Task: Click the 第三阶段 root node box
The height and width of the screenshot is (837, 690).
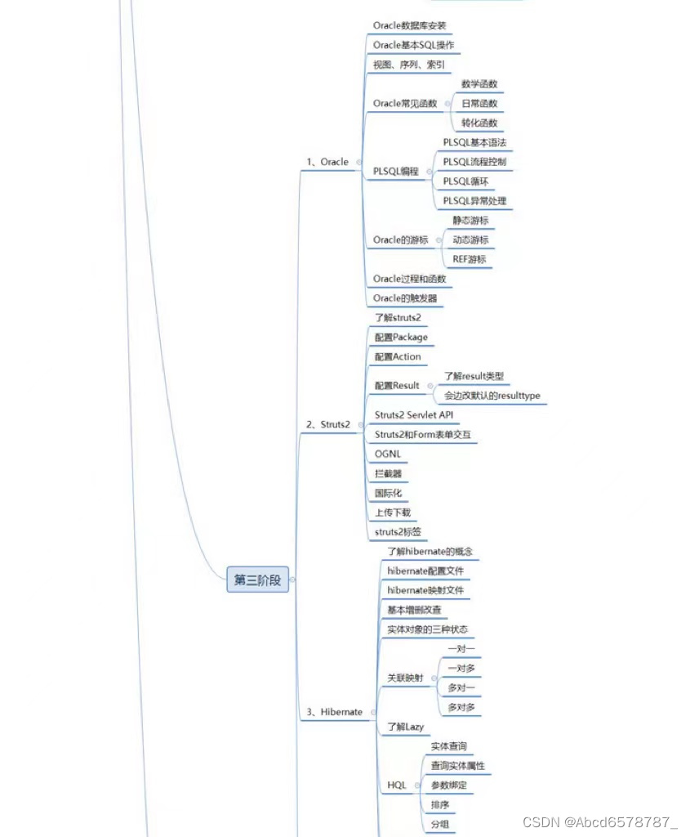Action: tap(257, 580)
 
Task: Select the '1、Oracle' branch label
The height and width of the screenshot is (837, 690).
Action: tap(327, 162)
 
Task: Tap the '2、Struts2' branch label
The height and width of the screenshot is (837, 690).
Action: tap(327, 424)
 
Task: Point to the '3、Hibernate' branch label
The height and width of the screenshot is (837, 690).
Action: tap(334, 712)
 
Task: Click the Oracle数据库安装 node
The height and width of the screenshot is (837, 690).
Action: tap(409, 25)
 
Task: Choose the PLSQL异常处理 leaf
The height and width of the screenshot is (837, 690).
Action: tap(474, 201)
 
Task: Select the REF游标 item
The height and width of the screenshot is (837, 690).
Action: tap(469, 260)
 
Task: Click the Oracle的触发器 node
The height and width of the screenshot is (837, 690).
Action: tap(405, 298)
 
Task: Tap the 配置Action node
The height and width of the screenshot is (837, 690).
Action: tap(398, 357)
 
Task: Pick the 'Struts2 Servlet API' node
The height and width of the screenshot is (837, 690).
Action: tap(413, 415)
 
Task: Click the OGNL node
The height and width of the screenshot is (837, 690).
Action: tap(388, 454)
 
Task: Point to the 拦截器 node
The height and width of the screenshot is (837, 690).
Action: tap(388, 474)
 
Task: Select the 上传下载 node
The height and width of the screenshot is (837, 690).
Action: tap(393, 513)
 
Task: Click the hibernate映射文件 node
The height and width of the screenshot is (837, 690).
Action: tap(426, 590)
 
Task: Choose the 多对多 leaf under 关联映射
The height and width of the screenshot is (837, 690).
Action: tap(461, 707)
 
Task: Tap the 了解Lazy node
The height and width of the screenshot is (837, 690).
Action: tap(405, 727)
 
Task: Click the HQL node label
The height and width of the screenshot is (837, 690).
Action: tap(396, 786)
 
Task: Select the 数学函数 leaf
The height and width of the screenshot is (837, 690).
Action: tap(479, 84)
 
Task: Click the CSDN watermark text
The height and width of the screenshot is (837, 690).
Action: tap(601, 821)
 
